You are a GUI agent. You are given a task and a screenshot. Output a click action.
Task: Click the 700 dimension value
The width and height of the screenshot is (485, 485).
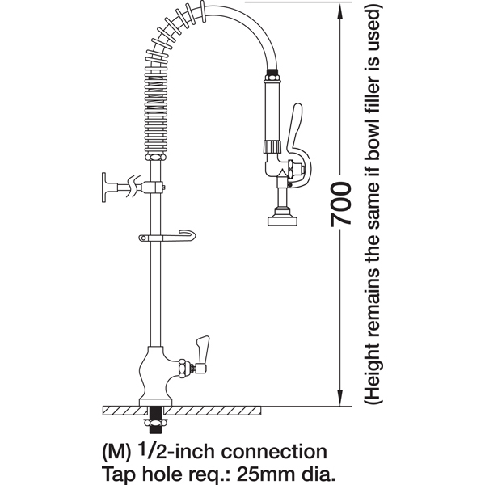(340, 205)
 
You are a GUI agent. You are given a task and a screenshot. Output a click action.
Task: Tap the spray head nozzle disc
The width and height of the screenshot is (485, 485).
(282, 221)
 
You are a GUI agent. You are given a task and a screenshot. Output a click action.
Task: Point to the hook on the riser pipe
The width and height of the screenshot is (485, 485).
(167, 237)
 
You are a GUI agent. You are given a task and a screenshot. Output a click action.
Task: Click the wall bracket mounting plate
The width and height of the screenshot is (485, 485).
(104, 188)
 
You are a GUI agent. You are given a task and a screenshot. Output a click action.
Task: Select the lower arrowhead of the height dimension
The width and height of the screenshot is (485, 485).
(340, 396)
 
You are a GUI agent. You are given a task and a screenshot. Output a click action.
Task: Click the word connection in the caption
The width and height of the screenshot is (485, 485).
(274, 452)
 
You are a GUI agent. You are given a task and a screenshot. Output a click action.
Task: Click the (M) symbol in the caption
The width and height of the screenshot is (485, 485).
(116, 453)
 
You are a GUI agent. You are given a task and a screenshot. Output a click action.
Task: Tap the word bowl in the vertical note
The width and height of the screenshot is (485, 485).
(372, 138)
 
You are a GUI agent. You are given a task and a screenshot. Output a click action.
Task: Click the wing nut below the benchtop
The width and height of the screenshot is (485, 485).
(155, 423)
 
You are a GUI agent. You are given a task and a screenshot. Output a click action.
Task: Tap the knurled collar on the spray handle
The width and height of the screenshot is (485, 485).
(272, 146)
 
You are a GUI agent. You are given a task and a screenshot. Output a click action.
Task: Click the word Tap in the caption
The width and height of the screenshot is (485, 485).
(116, 474)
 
